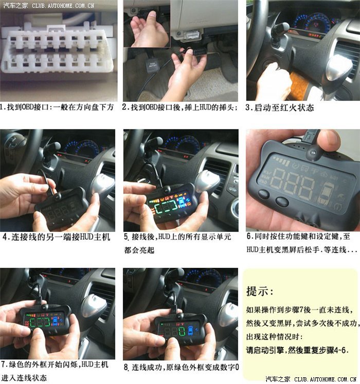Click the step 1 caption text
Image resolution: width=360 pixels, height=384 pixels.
[x=57, y=107]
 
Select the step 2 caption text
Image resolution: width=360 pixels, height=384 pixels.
[x=180, y=107]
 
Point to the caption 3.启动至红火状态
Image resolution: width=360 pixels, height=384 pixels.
[x=280, y=108]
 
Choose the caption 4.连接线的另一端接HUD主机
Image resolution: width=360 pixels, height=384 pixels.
[x=57, y=237]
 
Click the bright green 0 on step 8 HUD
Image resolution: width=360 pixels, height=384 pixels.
[x=182, y=332]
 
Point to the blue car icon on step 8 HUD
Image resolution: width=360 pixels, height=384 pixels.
[x=190, y=331]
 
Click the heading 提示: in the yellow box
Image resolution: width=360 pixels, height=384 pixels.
[x=260, y=291]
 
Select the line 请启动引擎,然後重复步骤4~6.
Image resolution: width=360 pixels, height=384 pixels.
[x=297, y=350]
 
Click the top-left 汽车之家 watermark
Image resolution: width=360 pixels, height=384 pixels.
[x=15, y=5]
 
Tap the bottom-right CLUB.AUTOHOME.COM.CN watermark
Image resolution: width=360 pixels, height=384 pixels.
[x=326, y=379]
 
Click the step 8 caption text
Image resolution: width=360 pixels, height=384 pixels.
[x=182, y=368]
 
